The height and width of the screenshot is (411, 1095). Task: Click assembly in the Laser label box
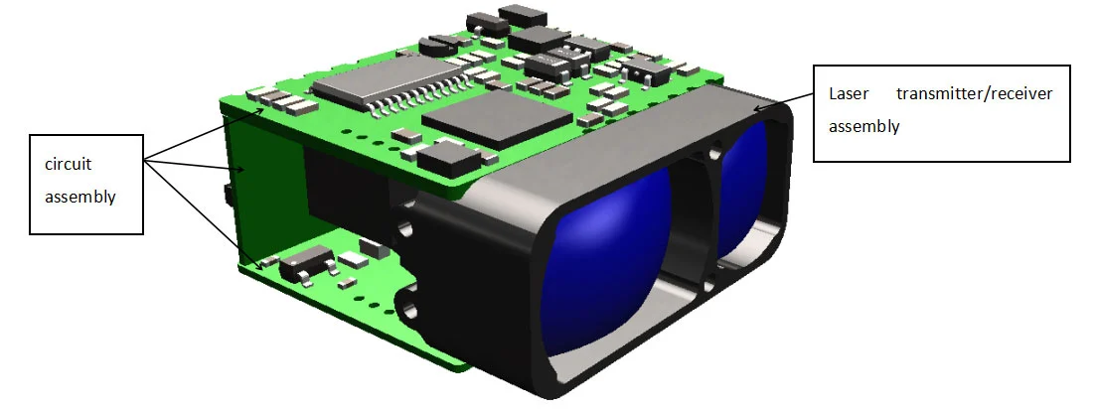coord(863,126)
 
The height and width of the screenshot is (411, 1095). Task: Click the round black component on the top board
coord(435,44)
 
